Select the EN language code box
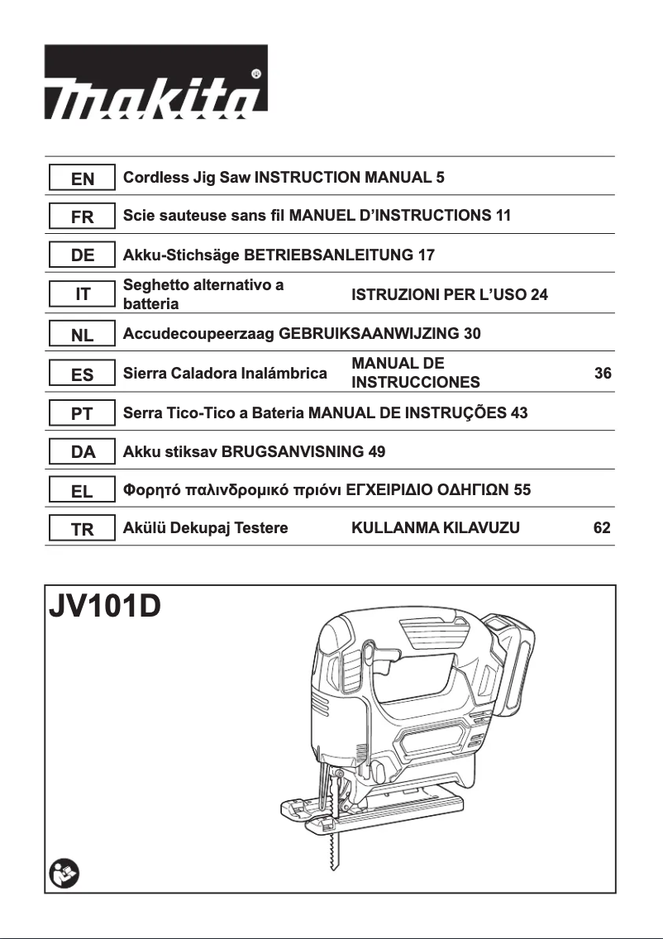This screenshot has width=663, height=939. point(82,179)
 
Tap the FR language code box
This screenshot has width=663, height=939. point(82,217)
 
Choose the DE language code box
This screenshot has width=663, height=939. point(82,255)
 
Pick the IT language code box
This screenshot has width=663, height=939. point(82,294)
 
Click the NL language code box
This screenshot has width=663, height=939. point(82,335)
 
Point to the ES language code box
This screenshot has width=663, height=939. point(82,374)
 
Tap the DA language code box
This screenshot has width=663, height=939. point(82,452)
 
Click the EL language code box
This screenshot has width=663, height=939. point(82,491)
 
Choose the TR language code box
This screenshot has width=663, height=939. point(82,530)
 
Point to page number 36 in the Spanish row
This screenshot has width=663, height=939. point(603,374)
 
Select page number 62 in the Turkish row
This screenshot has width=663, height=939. point(603,528)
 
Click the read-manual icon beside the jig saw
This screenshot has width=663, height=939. point(64,873)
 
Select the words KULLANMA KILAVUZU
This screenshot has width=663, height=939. point(436,528)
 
